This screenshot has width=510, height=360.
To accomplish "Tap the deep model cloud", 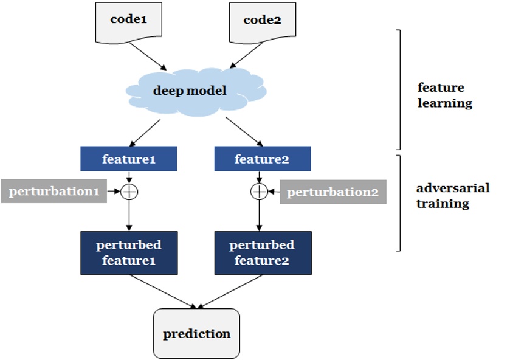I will pyautogui.click(x=190, y=91).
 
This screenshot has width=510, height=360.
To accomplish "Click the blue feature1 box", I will pyautogui.click(x=129, y=159).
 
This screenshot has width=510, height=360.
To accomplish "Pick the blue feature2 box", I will pyautogui.click(x=263, y=159).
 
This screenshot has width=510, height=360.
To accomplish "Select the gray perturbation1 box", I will pyautogui.click(x=54, y=192).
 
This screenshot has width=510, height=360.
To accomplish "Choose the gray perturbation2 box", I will pyautogui.click(x=333, y=192).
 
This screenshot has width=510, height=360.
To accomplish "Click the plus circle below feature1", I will pyautogui.click(x=129, y=192).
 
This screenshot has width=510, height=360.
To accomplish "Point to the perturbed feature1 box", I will pyautogui.click(x=129, y=252).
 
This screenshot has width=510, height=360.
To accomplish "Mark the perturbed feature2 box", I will pyautogui.click(x=262, y=252).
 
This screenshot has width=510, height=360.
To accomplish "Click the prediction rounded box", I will pyautogui.click(x=196, y=333).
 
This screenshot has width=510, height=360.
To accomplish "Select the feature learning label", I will pyautogui.click(x=444, y=95).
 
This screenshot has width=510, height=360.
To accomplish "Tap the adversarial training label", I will pyautogui.click(x=452, y=195).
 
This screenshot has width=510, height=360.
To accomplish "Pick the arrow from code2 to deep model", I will pyautogui.click(x=244, y=57).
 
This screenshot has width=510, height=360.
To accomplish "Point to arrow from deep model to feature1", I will pyautogui.click(x=146, y=132).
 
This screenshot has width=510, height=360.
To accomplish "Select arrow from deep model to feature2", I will pyautogui.click(x=244, y=132).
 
